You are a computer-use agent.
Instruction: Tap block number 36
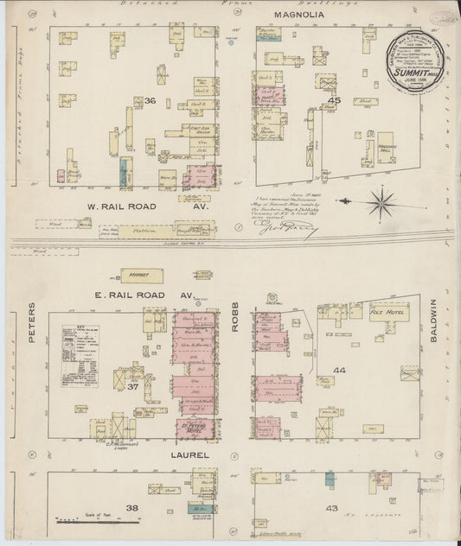(x=150, y=100)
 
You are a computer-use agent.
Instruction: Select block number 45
(x=335, y=100)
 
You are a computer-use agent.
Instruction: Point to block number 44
(x=338, y=370)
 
